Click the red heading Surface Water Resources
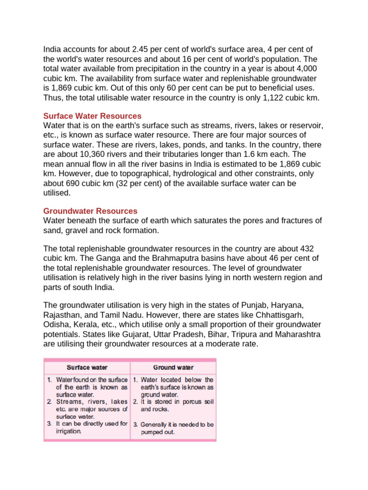[92, 116]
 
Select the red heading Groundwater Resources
[90, 211]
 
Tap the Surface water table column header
[87, 367]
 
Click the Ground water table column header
[173, 367]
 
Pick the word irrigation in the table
[68, 431]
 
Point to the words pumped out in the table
[157, 432]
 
